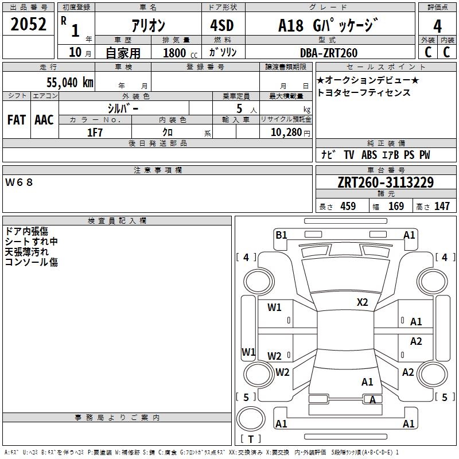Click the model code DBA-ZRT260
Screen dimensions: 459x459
(329, 53)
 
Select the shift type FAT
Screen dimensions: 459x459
(16, 119)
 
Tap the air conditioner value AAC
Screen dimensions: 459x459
(44, 119)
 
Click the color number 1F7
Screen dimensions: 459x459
(94, 133)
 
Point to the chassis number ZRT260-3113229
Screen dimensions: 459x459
(386, 182)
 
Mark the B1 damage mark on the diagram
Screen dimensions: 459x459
(281, 235)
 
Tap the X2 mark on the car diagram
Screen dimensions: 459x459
(363, 302)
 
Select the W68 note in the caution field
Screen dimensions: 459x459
(20, 182)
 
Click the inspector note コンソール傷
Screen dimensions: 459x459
(31, 262)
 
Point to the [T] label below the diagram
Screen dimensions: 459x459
(251, 439)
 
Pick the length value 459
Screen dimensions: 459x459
(348, 206)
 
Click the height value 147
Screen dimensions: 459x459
(442, 206)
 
